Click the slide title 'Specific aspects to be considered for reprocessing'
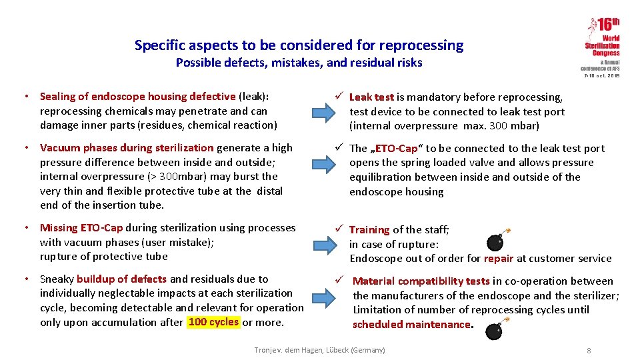pyautogui.click(x=299, y=45)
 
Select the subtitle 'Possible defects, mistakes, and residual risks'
pyautogui.click(x=299, y=63)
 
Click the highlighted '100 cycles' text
pyautogui.click(x=213, y=322)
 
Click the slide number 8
pyautogui.click(x=589, y=351)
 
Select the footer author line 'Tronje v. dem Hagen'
pyautogui.click(x=320, y=350)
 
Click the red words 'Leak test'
pyautogui.click(x=371, y=97)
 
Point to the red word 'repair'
pyautogui.click(x=499, y=259)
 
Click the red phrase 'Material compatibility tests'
pyautogui.click(x=421, y=281)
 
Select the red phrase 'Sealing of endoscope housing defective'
pyautogui.click(x=138, y=97)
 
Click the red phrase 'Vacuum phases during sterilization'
pyautogui.click(x=127, y=147)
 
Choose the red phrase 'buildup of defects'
pyautogui.click(x=122, y=279)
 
